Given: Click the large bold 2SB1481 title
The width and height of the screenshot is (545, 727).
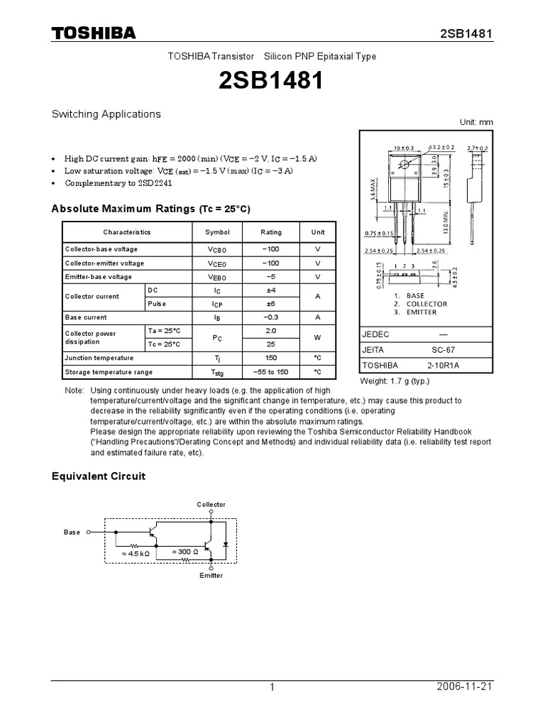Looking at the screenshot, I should coord(272,82).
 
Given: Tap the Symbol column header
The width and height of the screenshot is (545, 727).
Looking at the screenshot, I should coord(217,232).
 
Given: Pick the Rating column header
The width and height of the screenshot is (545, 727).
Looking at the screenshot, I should coord(270,232).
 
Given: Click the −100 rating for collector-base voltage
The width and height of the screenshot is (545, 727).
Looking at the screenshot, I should coord(270,249).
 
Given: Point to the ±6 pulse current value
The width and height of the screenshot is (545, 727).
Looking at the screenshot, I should coord(270,304).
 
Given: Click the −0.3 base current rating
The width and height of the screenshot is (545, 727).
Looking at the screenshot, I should coord(270,317).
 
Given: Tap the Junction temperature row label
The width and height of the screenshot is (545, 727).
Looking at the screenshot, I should coord(99,359).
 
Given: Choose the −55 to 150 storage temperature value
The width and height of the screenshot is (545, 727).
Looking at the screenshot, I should coord(270,372).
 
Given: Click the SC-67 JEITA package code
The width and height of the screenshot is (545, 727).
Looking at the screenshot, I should coord(444,350).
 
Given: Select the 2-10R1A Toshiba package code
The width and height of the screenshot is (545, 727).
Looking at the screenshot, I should coord(444,366).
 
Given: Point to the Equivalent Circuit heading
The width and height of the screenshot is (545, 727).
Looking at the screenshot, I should coord(99,476).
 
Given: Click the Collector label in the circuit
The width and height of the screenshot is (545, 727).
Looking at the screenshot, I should coord(211,505).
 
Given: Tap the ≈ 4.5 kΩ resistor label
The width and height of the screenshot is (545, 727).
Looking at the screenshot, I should coord(136,553).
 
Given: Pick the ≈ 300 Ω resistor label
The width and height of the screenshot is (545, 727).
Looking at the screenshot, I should coord(186,551).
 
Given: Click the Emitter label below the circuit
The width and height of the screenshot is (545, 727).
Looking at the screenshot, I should coord(211,575).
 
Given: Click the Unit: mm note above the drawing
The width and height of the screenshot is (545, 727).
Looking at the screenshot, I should coord(475,122).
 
